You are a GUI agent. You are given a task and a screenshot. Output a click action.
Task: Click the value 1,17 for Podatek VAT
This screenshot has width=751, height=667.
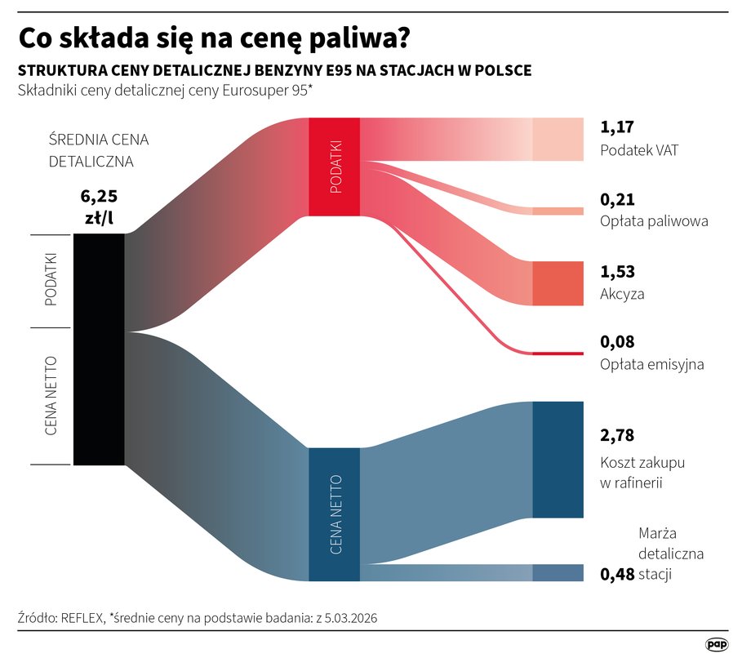(x=617, y=127)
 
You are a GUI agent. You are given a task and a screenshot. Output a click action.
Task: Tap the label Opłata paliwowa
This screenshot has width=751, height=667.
(x=654, y=221)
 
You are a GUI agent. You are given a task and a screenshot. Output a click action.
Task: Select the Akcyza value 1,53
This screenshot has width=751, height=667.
(x=617, y=272)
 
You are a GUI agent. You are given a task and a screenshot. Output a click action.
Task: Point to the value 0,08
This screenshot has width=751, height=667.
(x=617, y=342)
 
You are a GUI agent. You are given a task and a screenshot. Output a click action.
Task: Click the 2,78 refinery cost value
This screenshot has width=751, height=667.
(x=617, y=435)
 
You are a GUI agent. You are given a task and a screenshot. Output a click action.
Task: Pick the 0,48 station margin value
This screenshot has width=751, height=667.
(x=617, y=574)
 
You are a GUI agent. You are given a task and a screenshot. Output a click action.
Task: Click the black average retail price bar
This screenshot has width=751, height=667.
(x=99, y=349)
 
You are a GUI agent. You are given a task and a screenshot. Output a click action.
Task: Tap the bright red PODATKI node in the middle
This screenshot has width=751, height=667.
(x=334, y=167)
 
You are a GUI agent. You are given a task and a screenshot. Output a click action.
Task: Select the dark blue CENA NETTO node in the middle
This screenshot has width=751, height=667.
(x=334, y=514)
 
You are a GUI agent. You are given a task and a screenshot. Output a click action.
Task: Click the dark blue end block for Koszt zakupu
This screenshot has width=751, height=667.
(x=558, y=460)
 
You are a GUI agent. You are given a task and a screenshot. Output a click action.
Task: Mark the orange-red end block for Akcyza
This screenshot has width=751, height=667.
(x=558, y=283)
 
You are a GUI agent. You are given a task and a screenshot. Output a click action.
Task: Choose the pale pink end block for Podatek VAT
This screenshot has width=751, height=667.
(x=558, y=139)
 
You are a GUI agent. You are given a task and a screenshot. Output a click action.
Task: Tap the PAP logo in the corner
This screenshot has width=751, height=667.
(x=717, y=645)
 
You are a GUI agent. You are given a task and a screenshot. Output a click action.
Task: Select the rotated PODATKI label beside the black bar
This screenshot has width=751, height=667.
(x=51, y=280)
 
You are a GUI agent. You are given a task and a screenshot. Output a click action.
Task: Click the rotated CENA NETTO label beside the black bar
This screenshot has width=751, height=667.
(x=51, y=395)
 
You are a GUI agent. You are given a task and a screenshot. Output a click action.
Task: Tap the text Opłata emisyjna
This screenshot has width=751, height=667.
(x=651, y=365)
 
